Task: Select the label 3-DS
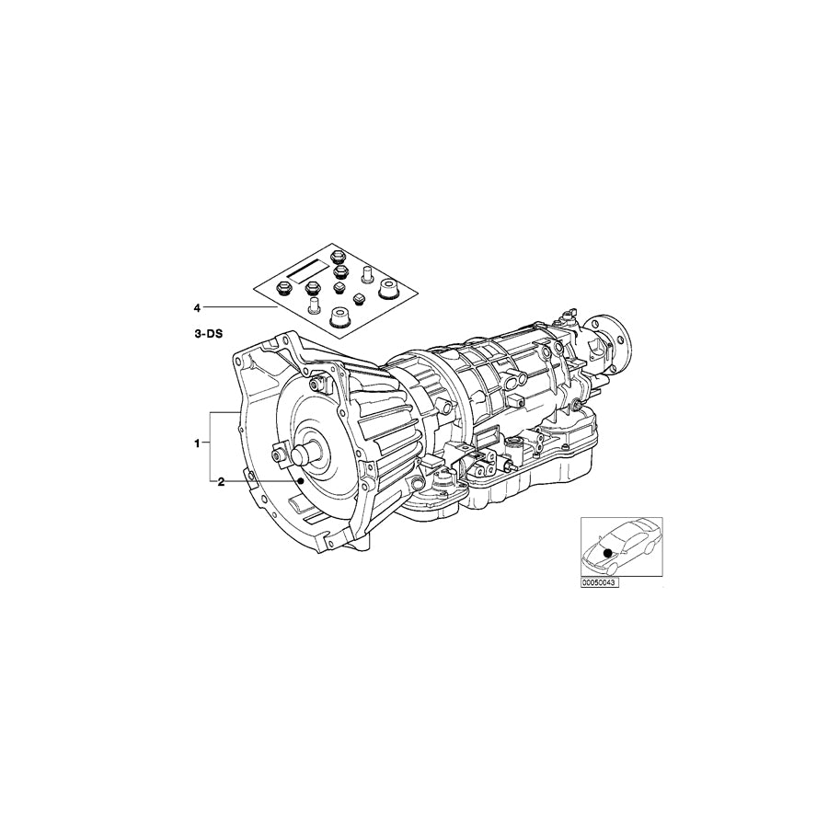pyautogui.click(x=207, y=338)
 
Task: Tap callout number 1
pyautogui.click(x=197, y=443)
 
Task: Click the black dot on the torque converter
pyautogui.click(x=302, y=481)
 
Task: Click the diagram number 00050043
pyautogui.click(x=599, y=582)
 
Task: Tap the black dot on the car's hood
pyautogui.click(x=606, y=552)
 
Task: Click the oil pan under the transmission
pyautogui.click(x=515, y=478)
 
